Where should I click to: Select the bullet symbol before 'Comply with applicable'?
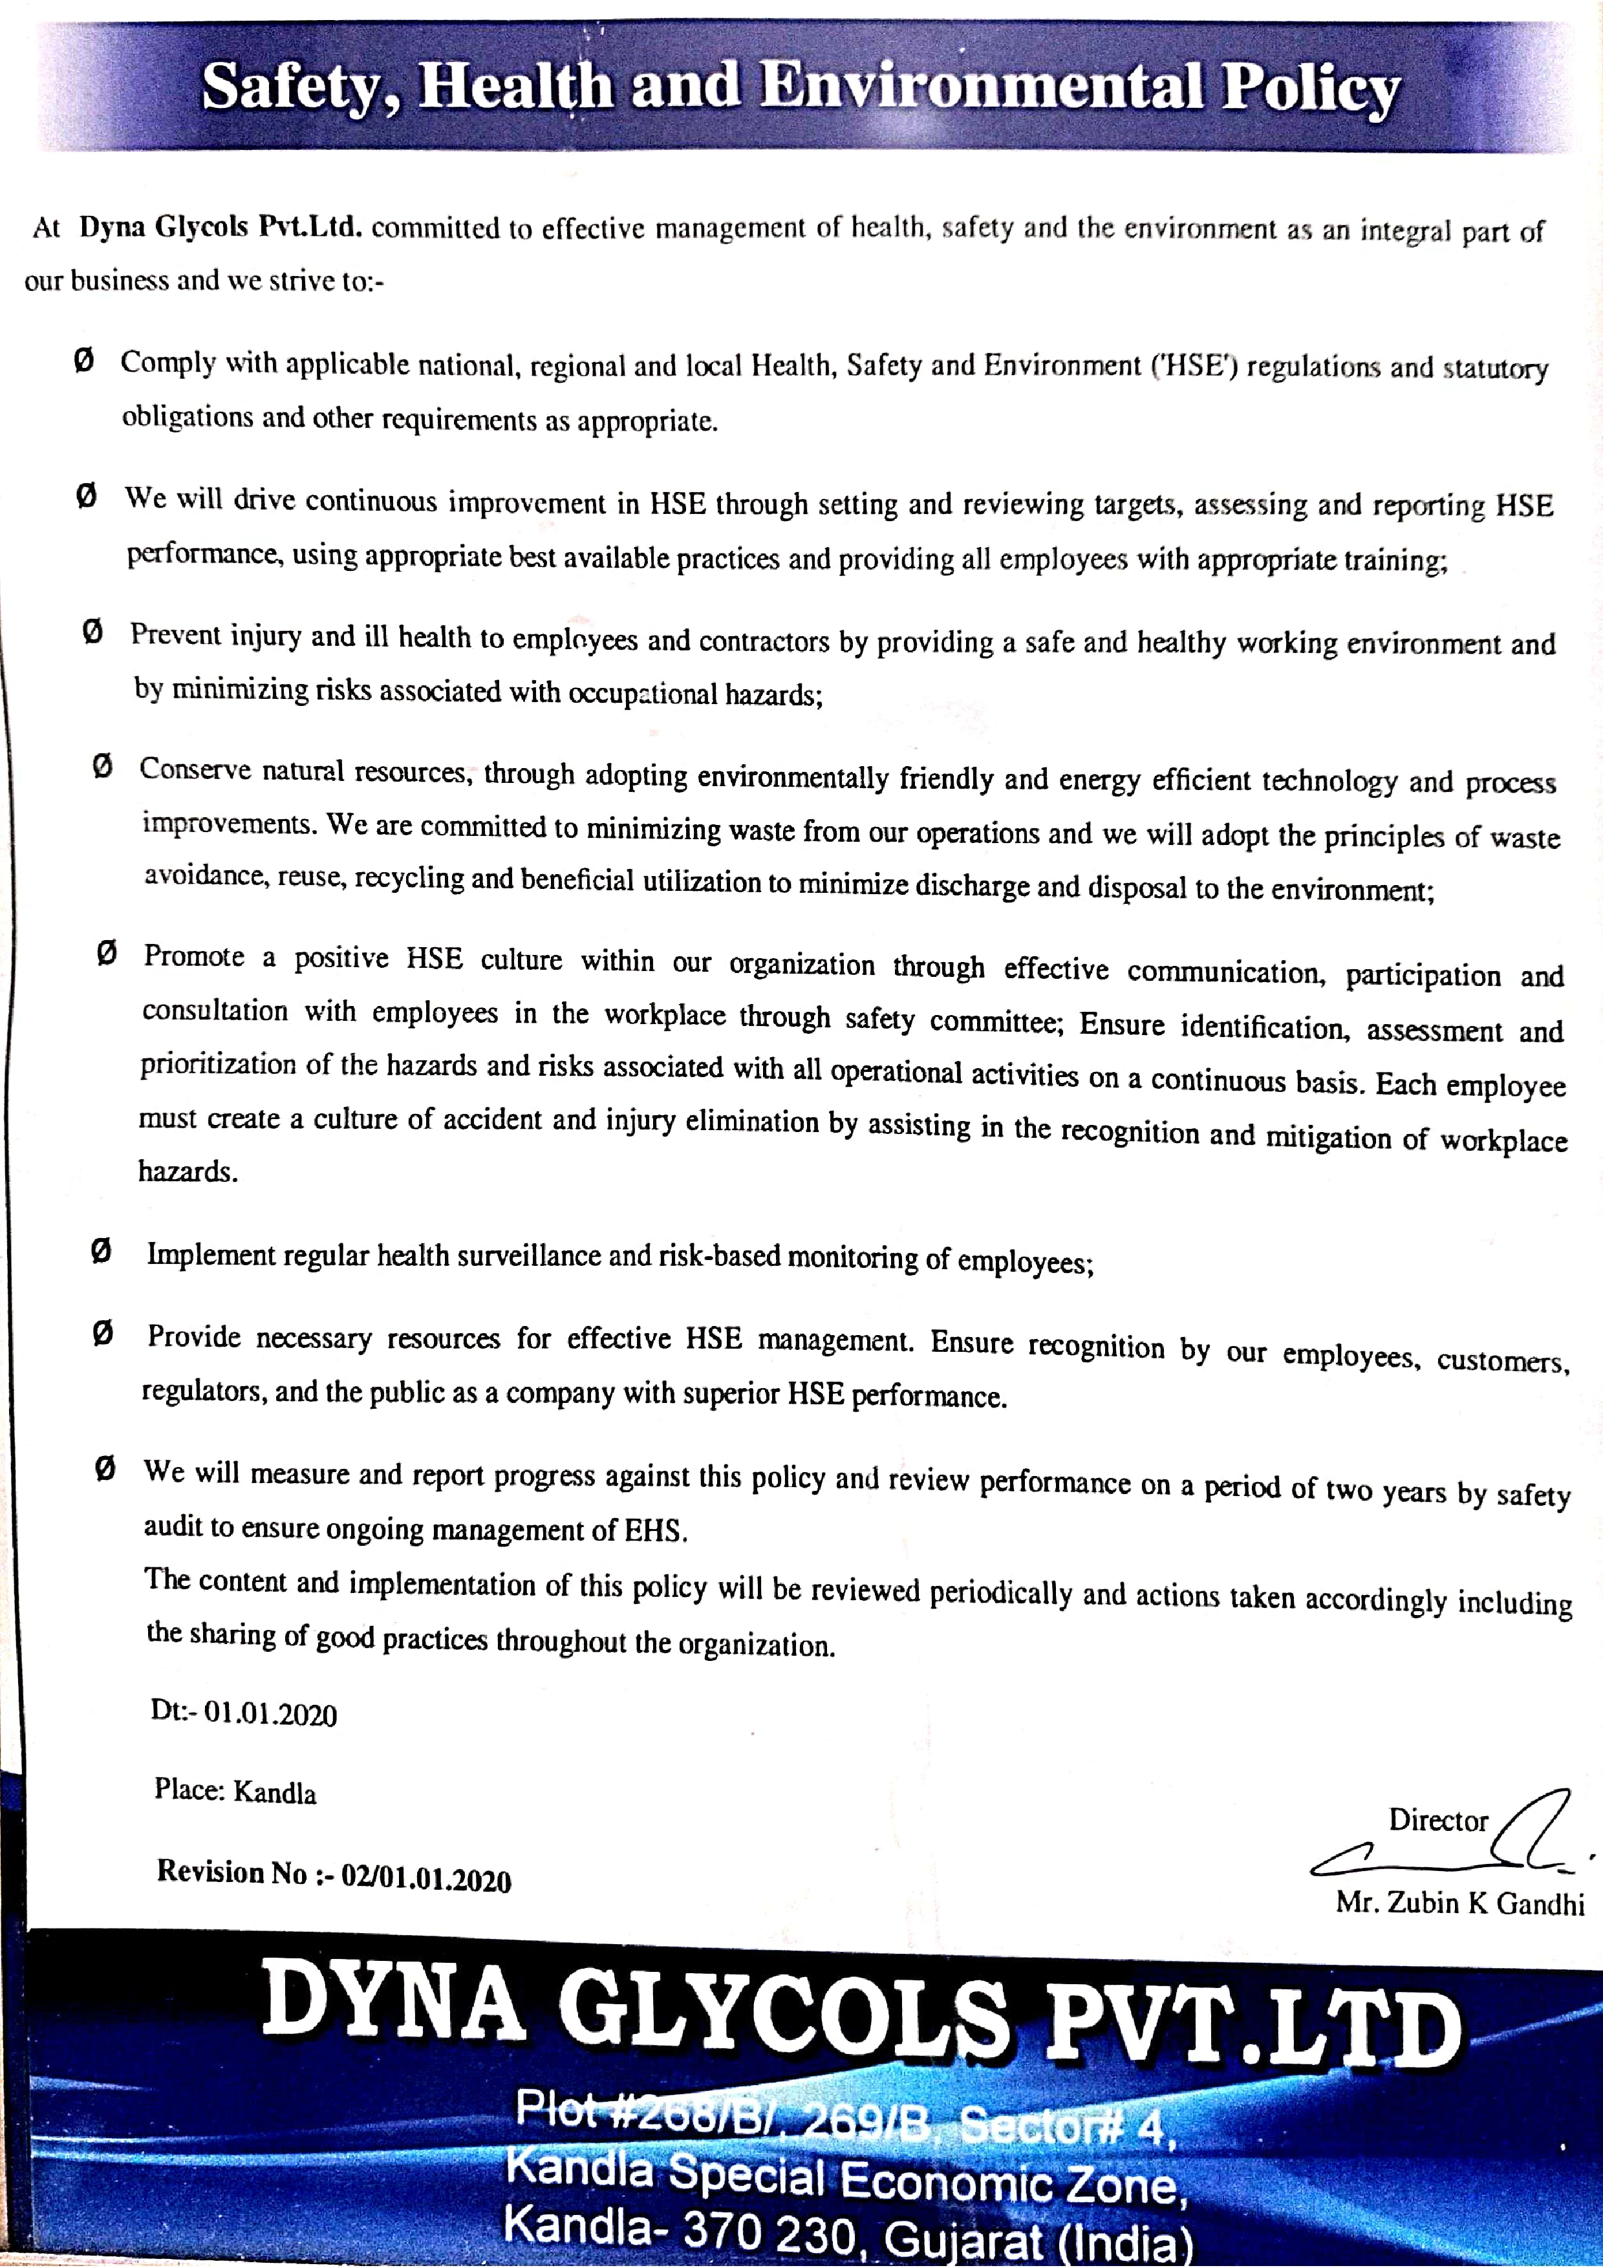pos(84,361)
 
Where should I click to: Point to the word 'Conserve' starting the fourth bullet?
pos(195,769)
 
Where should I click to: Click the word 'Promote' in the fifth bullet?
pos(193,956)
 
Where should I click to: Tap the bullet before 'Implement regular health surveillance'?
pos(101,1252)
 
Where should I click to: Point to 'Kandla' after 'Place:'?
pos(275,1793)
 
